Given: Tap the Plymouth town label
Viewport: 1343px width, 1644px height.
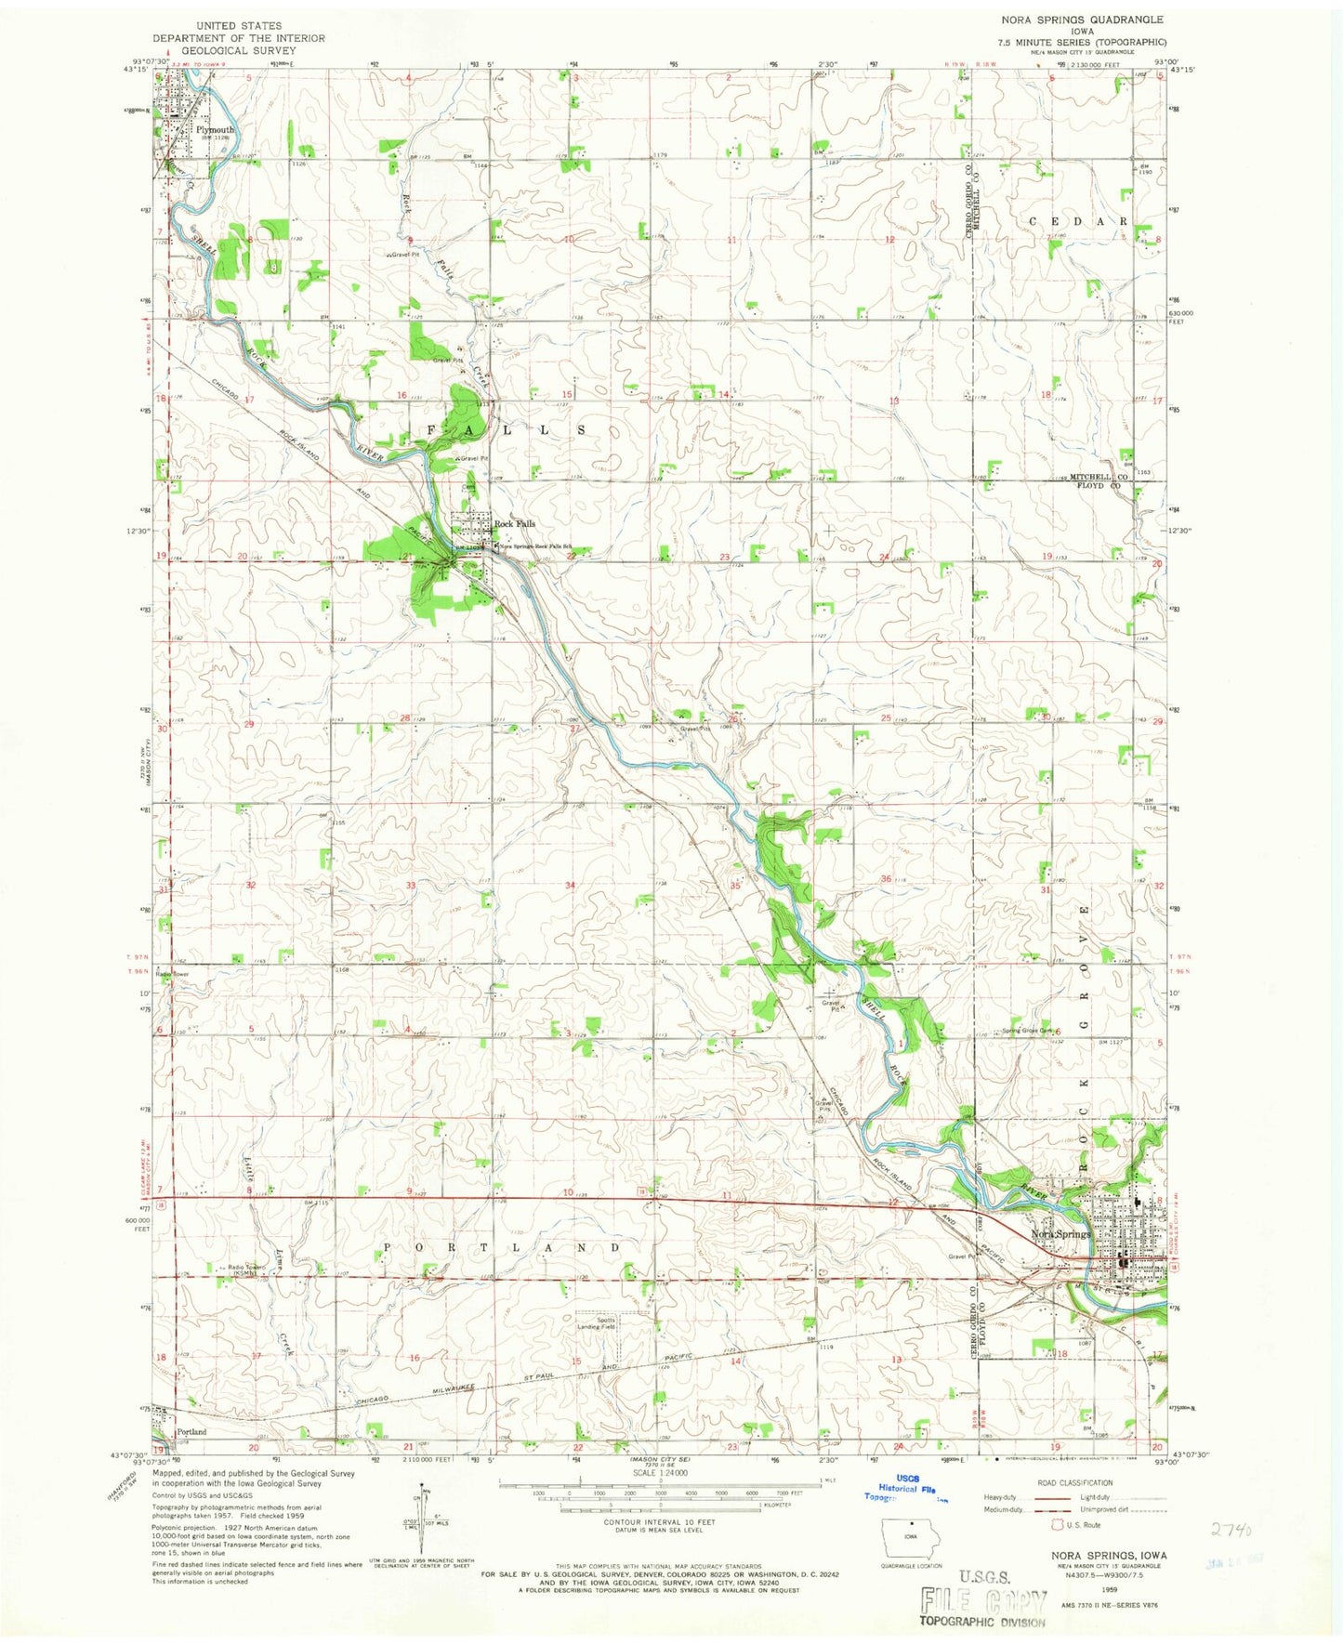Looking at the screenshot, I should click(215, 130).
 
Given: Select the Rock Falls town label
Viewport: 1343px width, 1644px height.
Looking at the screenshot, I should click(514, 524).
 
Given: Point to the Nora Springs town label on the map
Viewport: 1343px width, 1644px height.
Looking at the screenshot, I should click(1060, 1234).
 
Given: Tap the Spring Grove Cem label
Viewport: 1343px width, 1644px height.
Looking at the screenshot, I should click(1026, 1031).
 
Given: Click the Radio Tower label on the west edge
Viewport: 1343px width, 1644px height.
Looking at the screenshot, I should click(173, 974).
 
